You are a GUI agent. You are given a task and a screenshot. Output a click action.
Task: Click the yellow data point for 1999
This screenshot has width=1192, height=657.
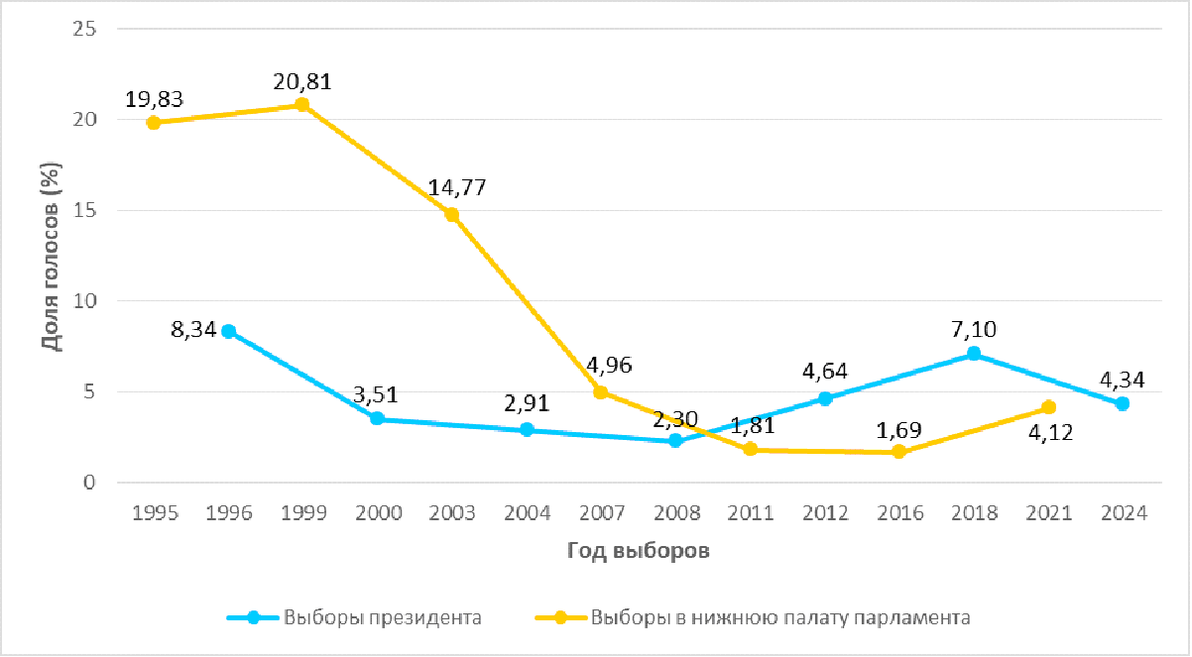tap(302, 105)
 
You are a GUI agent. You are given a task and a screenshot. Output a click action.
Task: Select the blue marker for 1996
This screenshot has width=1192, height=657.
tap(228, 331)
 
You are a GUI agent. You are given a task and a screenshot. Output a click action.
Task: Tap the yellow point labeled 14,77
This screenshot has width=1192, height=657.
tap(451, 214)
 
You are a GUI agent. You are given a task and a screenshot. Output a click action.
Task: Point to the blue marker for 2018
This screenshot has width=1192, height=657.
tap(974, 354)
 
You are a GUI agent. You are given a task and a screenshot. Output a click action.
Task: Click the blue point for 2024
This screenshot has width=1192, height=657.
tap(1123, 403)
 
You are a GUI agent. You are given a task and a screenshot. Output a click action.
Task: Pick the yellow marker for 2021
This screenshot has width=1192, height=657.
tap(1048, 407)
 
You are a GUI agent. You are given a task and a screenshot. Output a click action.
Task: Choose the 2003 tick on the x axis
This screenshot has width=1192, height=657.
tap(451, 513)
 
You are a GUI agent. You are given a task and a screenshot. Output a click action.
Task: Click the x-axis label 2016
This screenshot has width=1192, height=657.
tap(899, 513)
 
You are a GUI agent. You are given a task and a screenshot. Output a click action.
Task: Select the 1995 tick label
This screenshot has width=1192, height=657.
tap(154, 513)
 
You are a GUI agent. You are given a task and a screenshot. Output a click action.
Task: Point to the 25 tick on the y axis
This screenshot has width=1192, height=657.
tap(85, 29)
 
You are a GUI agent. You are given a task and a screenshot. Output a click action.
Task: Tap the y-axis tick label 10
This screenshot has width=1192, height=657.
tap(85, 301)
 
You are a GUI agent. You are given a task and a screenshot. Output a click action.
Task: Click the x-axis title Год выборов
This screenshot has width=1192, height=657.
tap(639, 552)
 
